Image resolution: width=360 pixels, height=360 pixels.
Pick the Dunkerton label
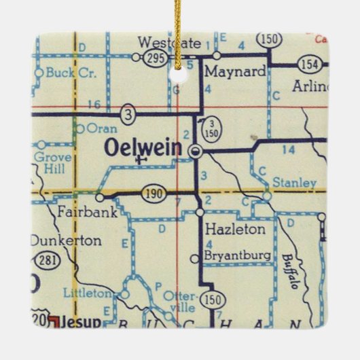pyautogui.click(x=65, y=240)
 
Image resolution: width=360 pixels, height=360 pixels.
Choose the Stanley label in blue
pyautogui.click(x=293, y=183)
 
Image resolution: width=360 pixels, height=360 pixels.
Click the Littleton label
pyautogui.click(x=86, y=293)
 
